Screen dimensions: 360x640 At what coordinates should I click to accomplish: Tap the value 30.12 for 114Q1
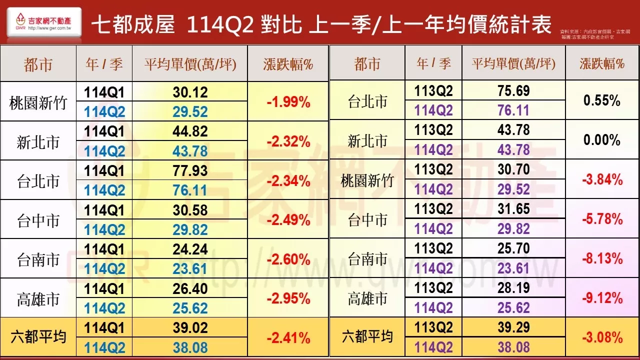click(x=190, y=92)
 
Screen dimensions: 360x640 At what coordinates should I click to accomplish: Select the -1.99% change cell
click(x=288, y=102)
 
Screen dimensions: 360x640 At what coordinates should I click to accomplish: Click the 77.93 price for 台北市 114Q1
click(x=190, y=170)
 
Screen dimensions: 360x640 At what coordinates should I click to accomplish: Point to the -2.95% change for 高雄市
click(x=288, y=298)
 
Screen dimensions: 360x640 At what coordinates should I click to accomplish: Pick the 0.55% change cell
click(x=602, y=100)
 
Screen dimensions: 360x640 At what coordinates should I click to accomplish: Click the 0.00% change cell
click(x=602, y=140)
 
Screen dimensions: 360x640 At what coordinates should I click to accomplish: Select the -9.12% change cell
click(x=602, y=298)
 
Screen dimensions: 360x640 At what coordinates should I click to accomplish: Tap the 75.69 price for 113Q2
click(x=513, y=91)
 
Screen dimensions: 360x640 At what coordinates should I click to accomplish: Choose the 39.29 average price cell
click(x=513, y=327)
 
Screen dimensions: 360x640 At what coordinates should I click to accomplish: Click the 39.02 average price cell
click(x=190, y=328)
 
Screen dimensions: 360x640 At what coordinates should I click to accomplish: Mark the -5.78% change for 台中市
click(x=602, y=219)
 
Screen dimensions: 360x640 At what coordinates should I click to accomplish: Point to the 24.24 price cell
click(x=190, y=249)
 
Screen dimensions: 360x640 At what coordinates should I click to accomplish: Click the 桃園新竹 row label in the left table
click(x=38, y=102)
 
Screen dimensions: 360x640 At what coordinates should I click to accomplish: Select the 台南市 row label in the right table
click(x=367, y=259)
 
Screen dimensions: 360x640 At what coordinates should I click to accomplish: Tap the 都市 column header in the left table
click(x=38, y=64)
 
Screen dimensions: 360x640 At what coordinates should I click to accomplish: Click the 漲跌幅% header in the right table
click(x=602, y=63)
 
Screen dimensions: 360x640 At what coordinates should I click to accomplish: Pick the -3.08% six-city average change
click(x=602, y=337)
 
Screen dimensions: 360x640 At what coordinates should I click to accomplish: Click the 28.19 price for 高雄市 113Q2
click(x=513, y=288)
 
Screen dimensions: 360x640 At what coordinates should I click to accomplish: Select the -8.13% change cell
click(x=602, y=259)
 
